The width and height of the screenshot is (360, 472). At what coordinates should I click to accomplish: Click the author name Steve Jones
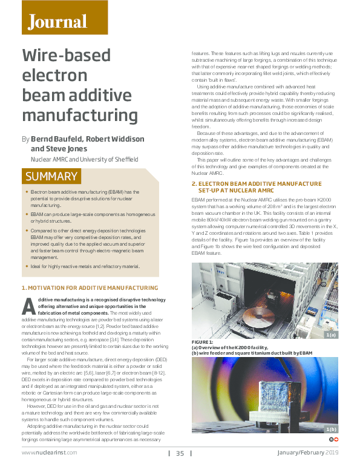(62, 149)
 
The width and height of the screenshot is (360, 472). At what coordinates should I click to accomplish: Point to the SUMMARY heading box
(51, 177)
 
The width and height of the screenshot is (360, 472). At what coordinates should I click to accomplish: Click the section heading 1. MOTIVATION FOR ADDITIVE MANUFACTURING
(90, 287)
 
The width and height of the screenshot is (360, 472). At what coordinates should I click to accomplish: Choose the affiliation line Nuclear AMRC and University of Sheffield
(84, 159)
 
